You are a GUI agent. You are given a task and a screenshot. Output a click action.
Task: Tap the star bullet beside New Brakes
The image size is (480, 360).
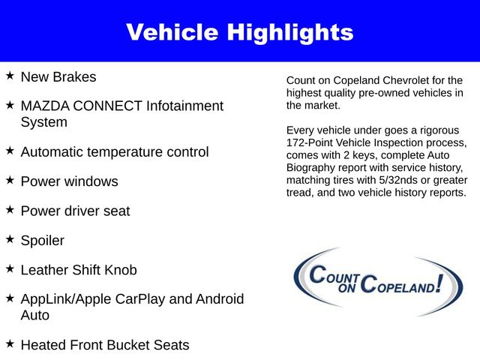click(x=10, y=76)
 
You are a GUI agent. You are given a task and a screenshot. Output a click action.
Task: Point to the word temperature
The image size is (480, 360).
click(x=127, y=152)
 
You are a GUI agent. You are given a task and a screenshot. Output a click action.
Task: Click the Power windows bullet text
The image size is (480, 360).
click(x=69, y=181)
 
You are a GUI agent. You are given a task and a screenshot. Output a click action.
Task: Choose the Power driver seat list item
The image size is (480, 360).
click(x=75, y=211)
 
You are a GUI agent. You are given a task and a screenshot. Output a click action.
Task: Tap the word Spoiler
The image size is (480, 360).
click(x=43, y=241)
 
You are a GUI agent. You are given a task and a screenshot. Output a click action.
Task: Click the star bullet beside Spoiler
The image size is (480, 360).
click(x=10, y=239)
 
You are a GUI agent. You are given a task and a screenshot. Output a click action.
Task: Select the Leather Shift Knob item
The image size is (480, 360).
click(x=79, y=270)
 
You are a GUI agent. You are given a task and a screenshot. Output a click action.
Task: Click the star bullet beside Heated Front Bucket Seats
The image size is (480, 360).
click(x=10, y=343)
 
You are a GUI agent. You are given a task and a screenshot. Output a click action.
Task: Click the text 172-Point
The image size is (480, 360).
click(x=314, y=142)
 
